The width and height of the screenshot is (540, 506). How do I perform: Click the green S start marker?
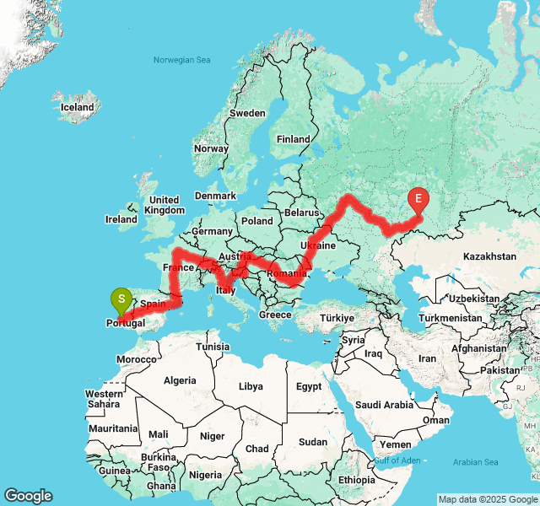(121, 299)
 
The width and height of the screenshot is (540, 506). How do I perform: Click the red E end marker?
(418, 200)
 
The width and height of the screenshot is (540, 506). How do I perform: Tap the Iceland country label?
(78, 107)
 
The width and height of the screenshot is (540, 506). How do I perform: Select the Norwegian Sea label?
(181, 60)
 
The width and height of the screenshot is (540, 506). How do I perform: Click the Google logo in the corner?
(28, 496)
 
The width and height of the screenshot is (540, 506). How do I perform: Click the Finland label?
(294, 139)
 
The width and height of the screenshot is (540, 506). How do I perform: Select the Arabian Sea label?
(475, 462)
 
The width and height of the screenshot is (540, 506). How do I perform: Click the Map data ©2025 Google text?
(488, 499)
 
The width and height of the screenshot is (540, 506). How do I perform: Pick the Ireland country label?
(121, 219)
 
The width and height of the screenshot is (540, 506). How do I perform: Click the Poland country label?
(257, 220)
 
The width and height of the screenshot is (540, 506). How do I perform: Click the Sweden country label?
(247, 112)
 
